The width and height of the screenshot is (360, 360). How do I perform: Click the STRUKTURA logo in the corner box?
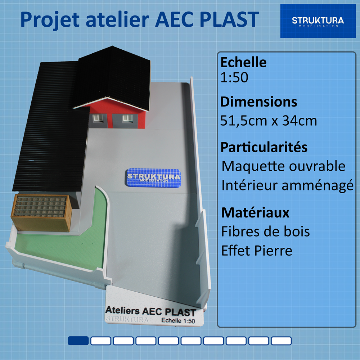318,21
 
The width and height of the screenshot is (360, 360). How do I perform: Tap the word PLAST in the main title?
229,19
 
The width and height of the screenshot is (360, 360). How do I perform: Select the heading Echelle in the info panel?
243,62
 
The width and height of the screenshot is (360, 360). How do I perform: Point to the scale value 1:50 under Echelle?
234,77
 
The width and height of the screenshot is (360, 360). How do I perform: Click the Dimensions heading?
258,102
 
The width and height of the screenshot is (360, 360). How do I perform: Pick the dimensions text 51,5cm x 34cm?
269,121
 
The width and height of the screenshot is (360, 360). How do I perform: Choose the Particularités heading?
264,147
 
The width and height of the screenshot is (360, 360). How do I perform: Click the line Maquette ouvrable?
283,166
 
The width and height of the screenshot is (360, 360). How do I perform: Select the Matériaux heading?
255,213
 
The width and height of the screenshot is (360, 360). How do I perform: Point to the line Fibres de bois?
265,231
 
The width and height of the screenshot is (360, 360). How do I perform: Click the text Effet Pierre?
257,251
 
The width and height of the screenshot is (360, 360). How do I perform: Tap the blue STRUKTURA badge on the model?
153,177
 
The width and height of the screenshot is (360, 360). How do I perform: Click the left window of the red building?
97,118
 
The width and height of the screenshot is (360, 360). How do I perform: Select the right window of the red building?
127,118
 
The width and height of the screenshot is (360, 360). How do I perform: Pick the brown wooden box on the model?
41,213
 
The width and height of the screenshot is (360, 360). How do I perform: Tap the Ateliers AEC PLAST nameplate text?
150,311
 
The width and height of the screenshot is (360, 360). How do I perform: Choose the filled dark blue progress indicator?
78,341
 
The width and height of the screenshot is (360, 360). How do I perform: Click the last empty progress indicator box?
281,341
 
